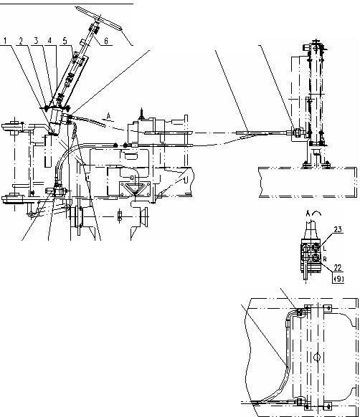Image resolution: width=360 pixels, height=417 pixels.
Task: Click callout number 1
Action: [5, 41]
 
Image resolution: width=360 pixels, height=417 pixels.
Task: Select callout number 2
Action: [21, 41]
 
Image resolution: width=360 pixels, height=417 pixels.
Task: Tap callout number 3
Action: [36, 40]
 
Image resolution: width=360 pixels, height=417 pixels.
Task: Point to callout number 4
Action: [49, 40]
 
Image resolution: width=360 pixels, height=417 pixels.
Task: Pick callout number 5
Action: [65, 41]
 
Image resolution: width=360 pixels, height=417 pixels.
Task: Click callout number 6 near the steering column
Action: [106, 41]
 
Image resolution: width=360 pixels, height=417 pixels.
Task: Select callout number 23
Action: [338, 229]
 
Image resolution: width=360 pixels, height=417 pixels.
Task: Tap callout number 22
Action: [338, 267]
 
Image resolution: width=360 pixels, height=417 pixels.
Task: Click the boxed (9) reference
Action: [338, 279]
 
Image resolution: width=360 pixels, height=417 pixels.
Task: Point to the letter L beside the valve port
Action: [325, 249]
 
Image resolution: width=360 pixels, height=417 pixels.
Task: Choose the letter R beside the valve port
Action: [325, 259]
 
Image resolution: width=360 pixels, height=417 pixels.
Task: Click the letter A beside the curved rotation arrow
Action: [308, 214]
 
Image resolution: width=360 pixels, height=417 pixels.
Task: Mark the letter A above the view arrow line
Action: [108, 116]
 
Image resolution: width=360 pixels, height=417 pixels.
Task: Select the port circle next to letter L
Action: [316, 248]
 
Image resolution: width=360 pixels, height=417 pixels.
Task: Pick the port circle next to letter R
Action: [316, 257]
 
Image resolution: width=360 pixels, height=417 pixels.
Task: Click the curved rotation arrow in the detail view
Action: [316, 212]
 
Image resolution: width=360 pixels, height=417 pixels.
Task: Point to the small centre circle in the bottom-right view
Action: [317, 357]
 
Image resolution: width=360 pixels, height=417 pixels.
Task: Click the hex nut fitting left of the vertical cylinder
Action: [297, 132]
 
